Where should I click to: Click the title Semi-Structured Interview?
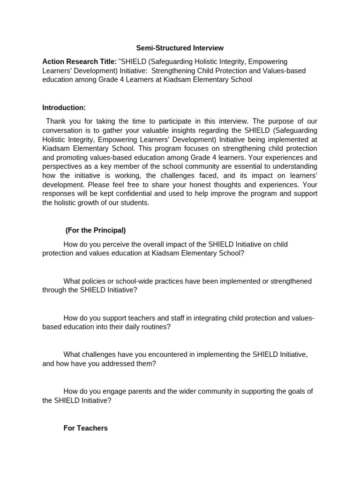click(x=180, y=48)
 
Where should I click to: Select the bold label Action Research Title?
click(x=80, y=61)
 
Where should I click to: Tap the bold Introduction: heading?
click(x=64, y=107)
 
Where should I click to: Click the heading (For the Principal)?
click(x=96, y=230)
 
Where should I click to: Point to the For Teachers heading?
click(x=85, y=428)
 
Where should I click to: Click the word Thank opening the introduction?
click(x=56, y=121)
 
